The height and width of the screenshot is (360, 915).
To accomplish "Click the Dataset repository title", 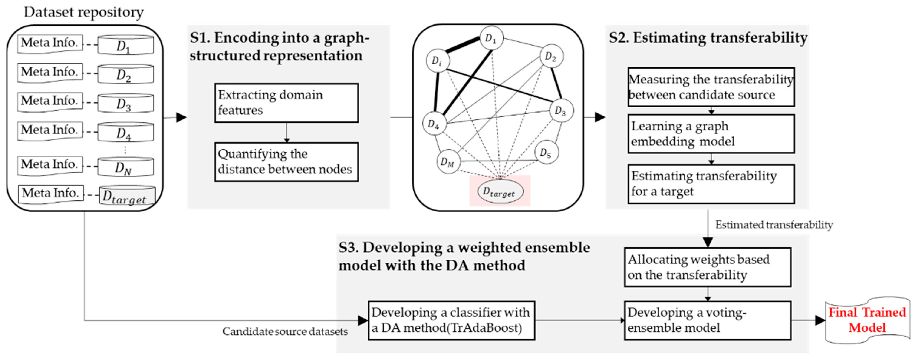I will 84,12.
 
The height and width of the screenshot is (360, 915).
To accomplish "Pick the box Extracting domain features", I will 286,103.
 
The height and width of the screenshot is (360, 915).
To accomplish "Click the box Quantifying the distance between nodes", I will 286,162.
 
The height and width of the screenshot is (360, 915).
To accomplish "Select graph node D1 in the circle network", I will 491,38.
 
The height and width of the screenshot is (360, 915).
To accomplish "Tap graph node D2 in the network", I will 551,56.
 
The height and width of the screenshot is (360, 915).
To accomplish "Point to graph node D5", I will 546,153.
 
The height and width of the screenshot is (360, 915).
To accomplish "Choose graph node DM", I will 448,162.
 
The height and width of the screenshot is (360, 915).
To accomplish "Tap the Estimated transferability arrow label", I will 774,225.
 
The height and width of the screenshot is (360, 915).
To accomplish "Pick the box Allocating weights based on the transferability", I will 708,267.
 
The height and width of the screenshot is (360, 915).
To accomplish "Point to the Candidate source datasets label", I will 285,332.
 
